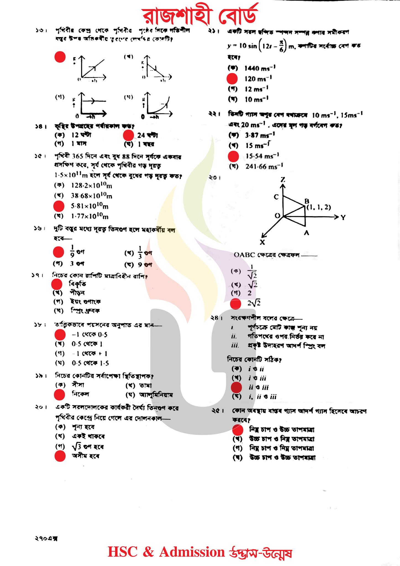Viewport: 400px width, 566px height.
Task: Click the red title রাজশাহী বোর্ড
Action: (x=200, y=16)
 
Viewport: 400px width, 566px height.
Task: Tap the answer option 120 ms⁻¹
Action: (x=258, y=79)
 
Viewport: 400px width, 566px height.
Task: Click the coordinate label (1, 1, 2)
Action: (x=319, y=207)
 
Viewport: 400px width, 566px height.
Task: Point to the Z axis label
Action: (x=283, y=180)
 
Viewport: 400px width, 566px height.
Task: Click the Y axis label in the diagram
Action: (x=343, y=218)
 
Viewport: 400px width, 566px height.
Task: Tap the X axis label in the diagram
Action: (x=262, y=242)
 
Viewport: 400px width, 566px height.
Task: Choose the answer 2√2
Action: (x=254, y=303)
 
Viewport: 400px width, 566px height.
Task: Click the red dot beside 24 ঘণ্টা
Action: (x=128, y=135)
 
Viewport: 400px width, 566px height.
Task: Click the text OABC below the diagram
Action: (x=244, y=255)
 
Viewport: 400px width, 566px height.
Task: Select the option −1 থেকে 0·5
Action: (x=90, y=335)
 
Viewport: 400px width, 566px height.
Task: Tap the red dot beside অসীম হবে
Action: (x=60, y=456)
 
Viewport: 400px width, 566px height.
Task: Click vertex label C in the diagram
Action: (x=276, y=197)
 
